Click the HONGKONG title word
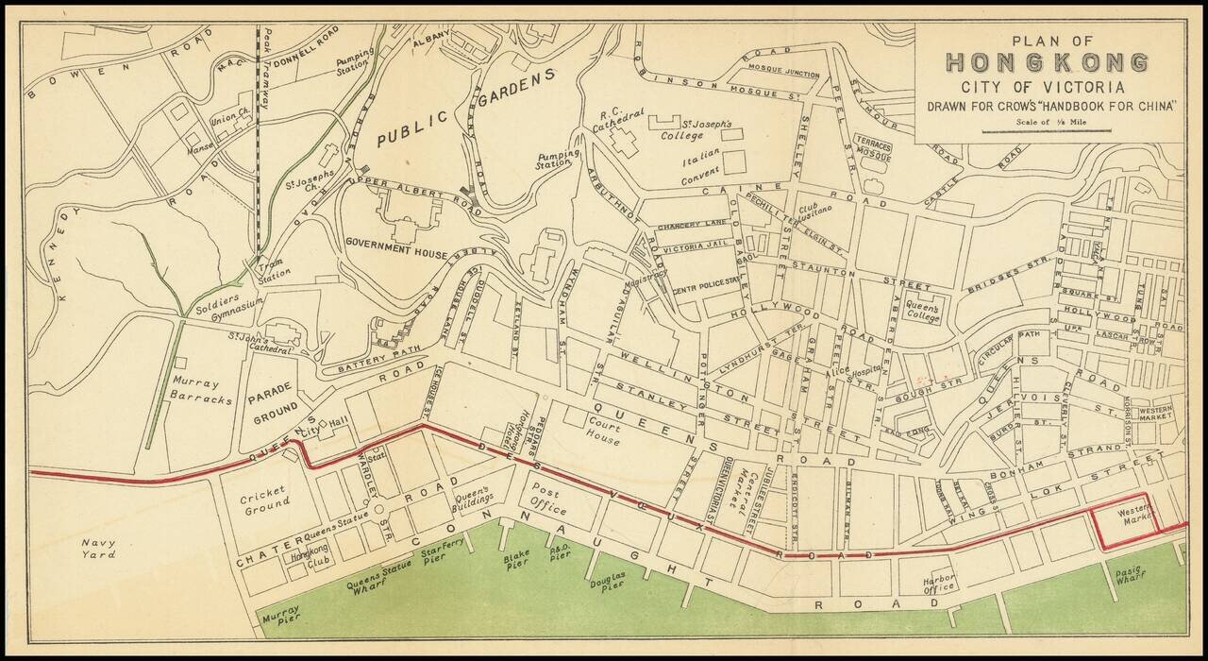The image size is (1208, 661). coord(1048,63)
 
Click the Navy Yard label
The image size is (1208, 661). coord(97,549)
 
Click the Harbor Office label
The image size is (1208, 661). coord(940,582)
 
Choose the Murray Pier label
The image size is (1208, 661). coord(280,618)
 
